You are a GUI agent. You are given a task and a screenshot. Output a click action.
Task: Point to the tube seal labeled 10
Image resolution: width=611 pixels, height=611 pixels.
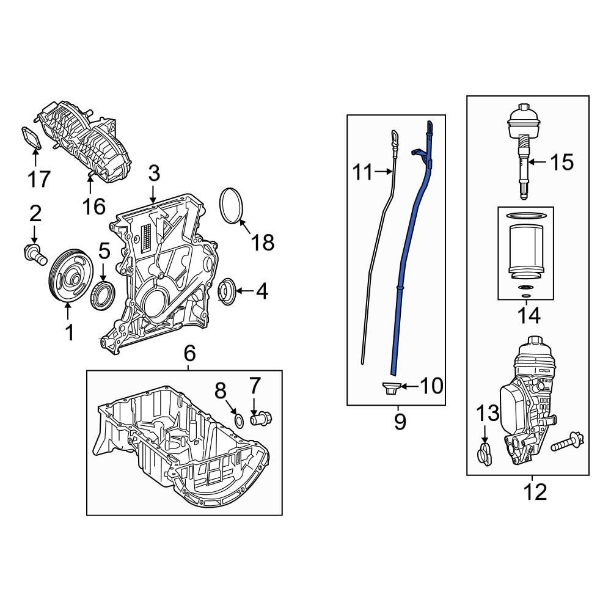coord(390,387)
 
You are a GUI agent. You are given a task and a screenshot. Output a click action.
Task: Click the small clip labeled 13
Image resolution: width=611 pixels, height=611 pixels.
coord(485,455)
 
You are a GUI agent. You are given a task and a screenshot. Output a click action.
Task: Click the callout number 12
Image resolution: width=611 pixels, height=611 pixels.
coord(535,491)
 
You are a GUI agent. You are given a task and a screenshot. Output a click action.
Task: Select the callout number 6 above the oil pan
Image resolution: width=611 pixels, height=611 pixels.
coord(189,353)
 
